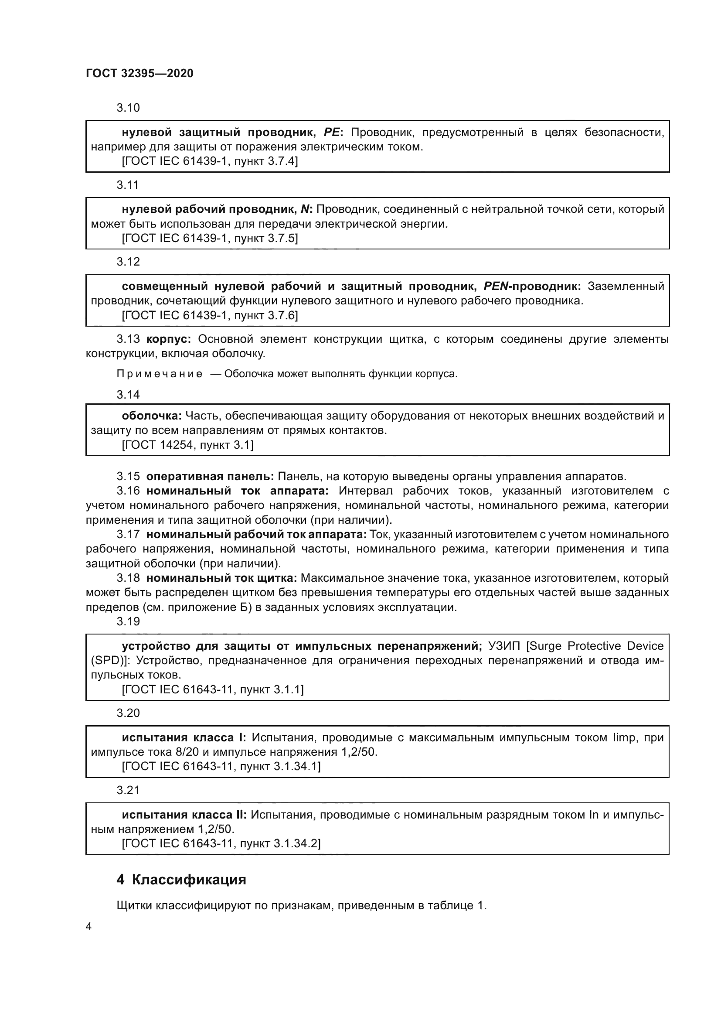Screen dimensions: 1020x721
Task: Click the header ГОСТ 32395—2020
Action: (139, 73)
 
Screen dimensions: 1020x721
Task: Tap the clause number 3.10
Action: (128, 108)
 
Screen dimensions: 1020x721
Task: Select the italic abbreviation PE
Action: (331, 133)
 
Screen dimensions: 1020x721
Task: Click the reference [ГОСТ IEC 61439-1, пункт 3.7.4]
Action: (210, 161)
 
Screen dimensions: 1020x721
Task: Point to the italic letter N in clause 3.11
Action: (305, 209)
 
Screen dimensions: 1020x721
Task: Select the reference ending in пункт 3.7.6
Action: (210, 315)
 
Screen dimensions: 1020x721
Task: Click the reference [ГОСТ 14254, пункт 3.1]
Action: (187, 445)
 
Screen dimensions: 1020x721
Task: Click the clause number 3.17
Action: (128, 535)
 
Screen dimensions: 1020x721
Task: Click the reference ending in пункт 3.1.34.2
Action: (221, 844)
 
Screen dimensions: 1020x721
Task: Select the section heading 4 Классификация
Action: (181, 880)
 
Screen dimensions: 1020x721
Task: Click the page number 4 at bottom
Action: (88, 927)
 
